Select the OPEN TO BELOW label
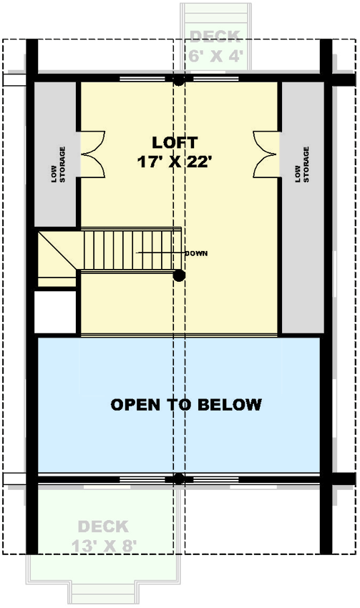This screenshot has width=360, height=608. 186,405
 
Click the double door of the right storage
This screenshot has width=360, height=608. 266,153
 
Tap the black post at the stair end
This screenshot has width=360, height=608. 180,275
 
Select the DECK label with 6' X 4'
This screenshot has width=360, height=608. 215,36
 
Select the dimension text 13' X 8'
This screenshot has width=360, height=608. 104,544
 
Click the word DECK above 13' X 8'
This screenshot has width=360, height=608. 103,527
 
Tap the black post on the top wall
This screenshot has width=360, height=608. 179,81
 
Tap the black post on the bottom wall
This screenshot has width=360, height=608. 179,478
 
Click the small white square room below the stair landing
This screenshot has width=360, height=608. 56,312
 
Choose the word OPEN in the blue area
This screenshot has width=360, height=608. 134,405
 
